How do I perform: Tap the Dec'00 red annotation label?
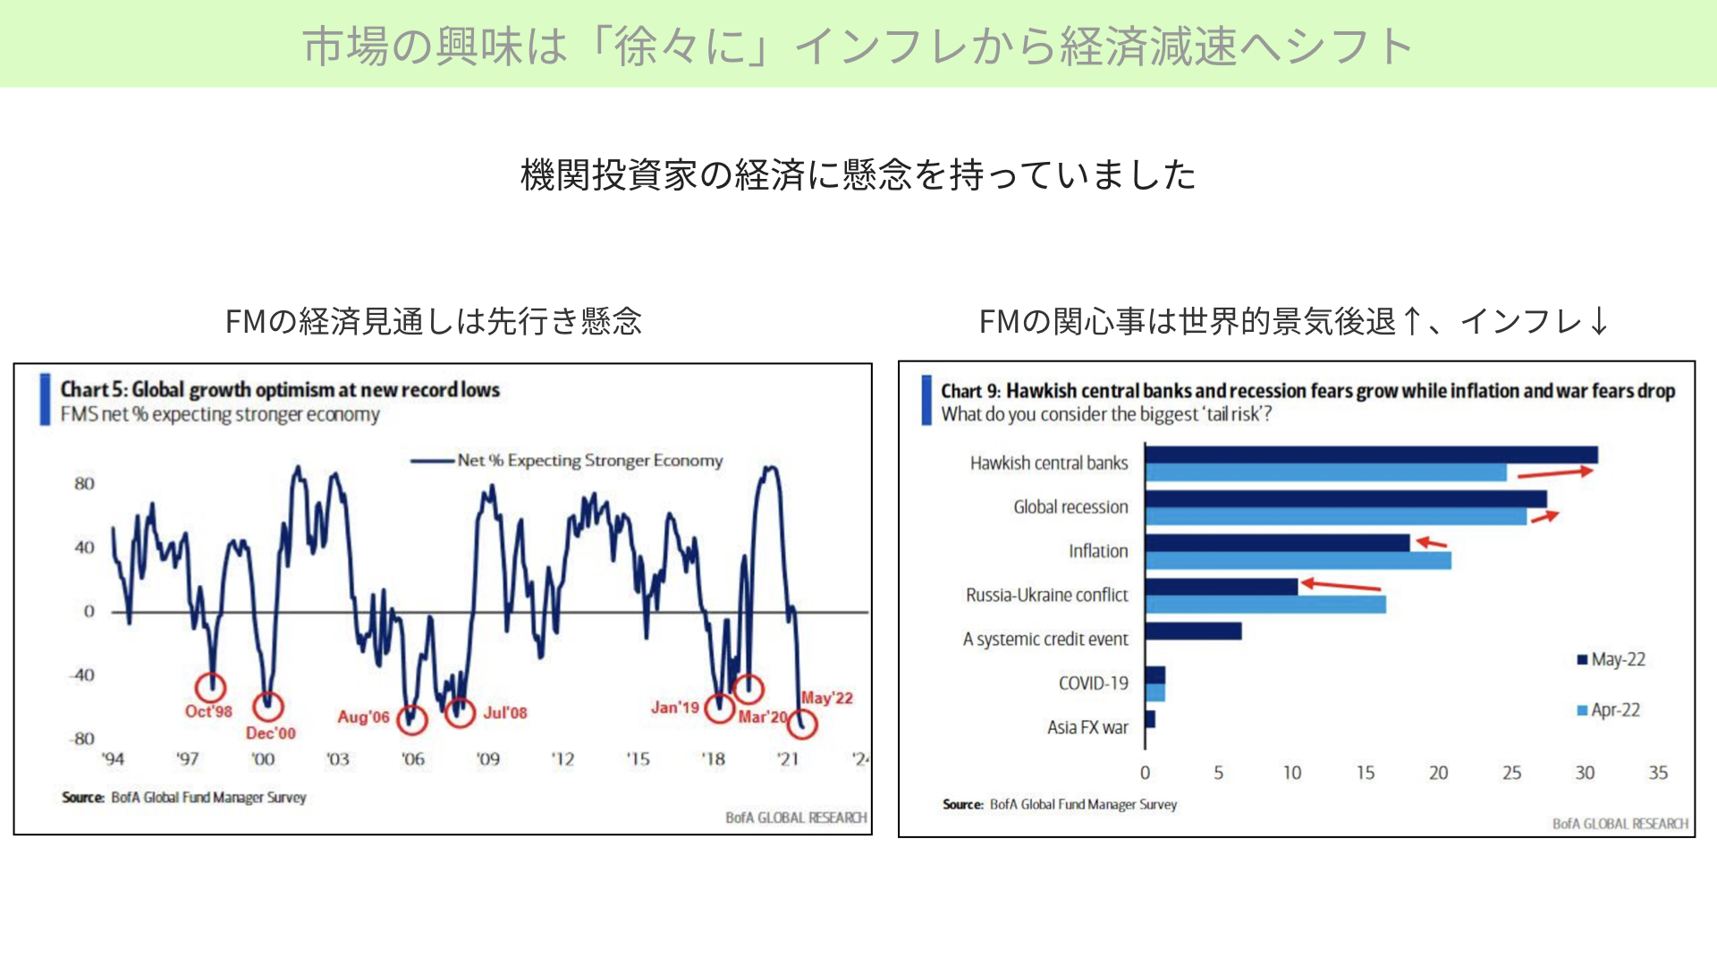[x=270, y=733]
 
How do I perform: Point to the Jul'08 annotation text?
[x=505, y=713]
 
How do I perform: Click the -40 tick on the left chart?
[x=82, y=675]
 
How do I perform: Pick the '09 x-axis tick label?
[x=487, y=759]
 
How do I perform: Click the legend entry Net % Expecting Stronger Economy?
[x=567, y=461]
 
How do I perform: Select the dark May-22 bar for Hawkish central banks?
[x=1372, y=455]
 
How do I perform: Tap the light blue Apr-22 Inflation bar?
[x=1298, y=561]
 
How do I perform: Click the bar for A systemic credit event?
[x=1194, y=631]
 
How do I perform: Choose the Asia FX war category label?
[x=1087, y=727]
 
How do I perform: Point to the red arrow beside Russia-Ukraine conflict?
[x=1341, y=585]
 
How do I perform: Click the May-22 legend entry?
[x=1611, y=659]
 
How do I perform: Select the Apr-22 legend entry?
[x=1609, y=710]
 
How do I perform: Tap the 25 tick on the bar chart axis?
[x=1511, y=773]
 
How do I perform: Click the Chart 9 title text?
[x=1307, y=391]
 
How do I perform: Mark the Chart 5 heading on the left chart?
[x=280, y=390]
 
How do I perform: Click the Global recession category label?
[x=1070, y=507]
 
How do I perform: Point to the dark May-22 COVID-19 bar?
[x=1155, y=675]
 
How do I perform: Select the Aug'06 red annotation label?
[x=363, y=716]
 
